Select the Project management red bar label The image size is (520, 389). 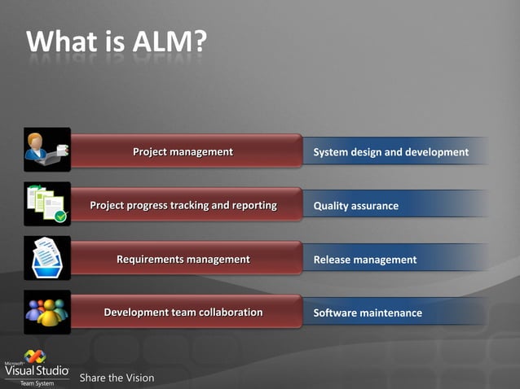(x=183, y=151)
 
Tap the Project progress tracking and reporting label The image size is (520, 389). (x=183, y=205)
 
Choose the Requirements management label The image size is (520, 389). (x=183, y=259)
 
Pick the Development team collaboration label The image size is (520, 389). (x=183, y=313)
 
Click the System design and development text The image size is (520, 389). (x=390, y=152)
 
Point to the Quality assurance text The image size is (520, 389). (x=355, y=206)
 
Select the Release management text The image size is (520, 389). (x=364, y=260)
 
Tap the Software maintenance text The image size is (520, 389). (x=368, y=313)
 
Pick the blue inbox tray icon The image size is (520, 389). (x=46, y=258)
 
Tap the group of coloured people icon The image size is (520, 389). (x=46, y=312)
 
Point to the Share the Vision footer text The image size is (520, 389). (x=117, y=378)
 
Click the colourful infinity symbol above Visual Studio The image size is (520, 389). (x=35, y=356)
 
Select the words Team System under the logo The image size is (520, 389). (x=37, y=383)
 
